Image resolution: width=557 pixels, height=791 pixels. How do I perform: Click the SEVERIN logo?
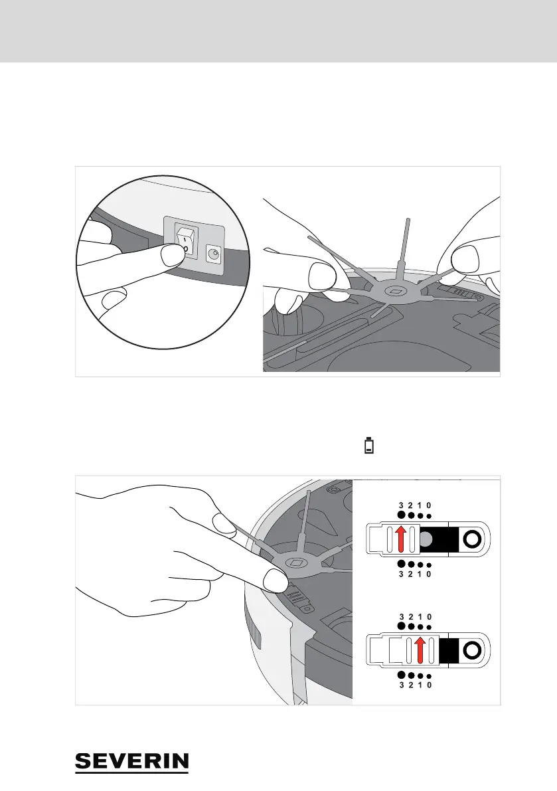point(132,762)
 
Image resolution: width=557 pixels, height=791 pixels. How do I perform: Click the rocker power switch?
point(187,241)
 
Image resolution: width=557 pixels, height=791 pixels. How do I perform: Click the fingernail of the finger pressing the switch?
point(174,253)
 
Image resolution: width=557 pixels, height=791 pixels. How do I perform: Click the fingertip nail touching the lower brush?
point(274,581)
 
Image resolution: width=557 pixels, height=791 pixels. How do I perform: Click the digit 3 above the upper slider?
point(401,505)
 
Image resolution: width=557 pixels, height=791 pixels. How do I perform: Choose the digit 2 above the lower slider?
point(411,616)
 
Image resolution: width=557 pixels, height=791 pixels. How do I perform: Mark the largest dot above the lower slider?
point(401,626)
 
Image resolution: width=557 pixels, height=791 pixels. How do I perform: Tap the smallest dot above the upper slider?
point(430,517)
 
